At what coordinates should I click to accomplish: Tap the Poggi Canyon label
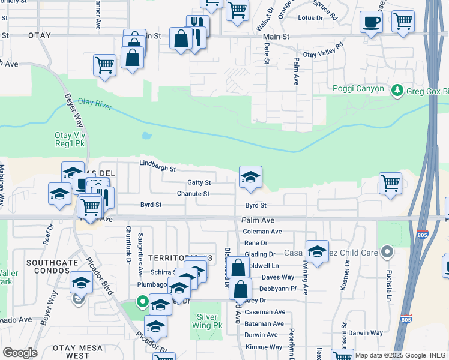pyautogui.click(x=358, y=89)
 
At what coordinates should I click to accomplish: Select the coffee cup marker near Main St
pyautogui.click(x=371, y=23)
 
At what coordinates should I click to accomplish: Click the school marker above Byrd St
pyautogui.click(x=250, y=176)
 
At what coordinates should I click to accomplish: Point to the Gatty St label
pyautogui.click(x=199, y=182)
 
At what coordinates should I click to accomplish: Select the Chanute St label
pyautogui.click(x=193, y=194)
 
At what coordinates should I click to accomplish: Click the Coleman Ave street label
pyautogui.click(x=262, y=232)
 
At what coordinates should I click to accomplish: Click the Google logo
pyautogui.click(x=19, y=352)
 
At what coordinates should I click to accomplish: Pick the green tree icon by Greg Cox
pyautogui.click(x=396, y=91)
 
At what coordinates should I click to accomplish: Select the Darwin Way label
pyautogui.click(x=366, y=333)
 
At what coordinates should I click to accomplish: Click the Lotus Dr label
pyautogui.click(x=311, y=18)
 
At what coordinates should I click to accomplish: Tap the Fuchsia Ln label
pyautogui.click(x=389, y=275)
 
